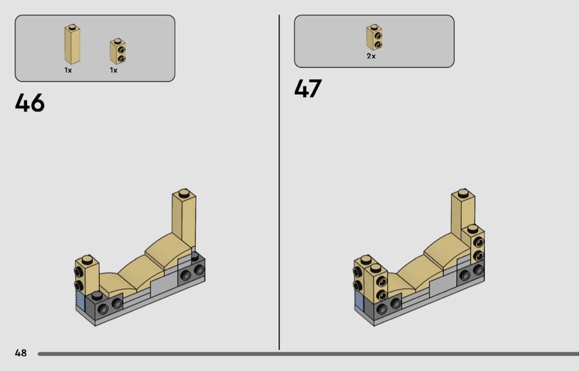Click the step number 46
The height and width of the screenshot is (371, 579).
point(30,103)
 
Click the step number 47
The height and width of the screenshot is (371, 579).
point(308,88)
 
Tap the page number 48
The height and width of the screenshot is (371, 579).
point(21,353)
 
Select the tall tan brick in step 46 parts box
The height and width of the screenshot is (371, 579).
point(72,44)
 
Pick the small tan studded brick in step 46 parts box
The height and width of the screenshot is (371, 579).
point(118,51)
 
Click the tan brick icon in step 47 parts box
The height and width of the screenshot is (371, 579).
point(374,37)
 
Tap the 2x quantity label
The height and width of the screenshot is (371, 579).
point(371,56)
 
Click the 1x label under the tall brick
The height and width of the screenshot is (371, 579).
point(68,70)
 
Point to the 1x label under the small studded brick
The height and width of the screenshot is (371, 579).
point(114,70)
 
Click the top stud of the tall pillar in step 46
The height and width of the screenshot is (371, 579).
point(184,193)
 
